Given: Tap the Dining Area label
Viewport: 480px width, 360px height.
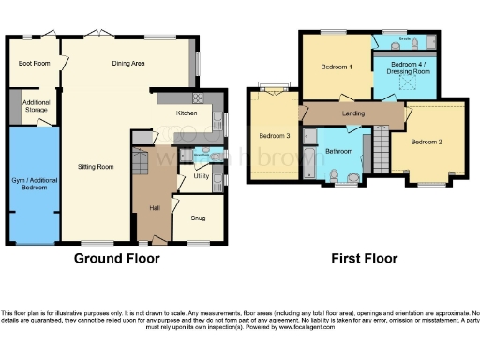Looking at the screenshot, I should coord(127,64).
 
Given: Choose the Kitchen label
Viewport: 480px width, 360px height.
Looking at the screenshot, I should coord(186,113).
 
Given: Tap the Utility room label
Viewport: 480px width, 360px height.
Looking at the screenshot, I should coord(201,175).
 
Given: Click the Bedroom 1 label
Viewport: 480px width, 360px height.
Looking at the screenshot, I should coord(337,67).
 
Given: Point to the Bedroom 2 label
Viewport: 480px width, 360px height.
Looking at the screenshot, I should coord(427,142).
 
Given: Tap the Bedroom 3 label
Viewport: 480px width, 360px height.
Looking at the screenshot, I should coord(275,135).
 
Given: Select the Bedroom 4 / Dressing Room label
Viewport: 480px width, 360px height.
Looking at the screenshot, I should coord(404,68).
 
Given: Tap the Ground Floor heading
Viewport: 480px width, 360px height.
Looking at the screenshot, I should coord(116,258).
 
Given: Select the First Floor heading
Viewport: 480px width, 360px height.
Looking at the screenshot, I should coord(364,258).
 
